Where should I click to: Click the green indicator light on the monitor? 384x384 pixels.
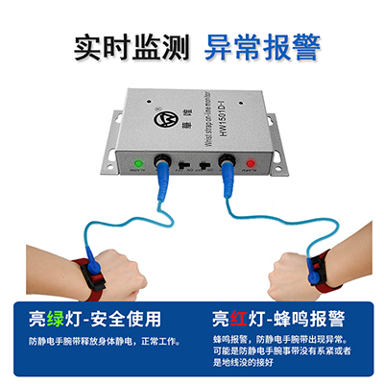tap(138, 162)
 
